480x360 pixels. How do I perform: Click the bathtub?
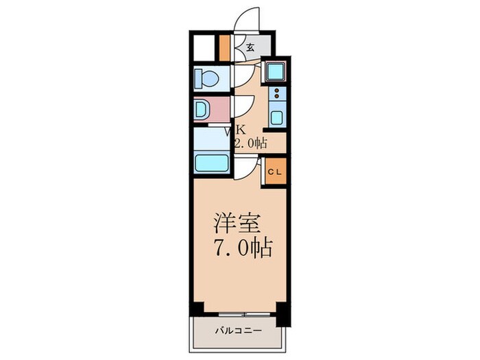click(212, 163)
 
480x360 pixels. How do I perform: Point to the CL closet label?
click(273, 172)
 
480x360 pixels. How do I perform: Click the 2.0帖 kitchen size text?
click(250, 143)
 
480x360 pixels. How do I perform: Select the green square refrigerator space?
click(275, 72)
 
